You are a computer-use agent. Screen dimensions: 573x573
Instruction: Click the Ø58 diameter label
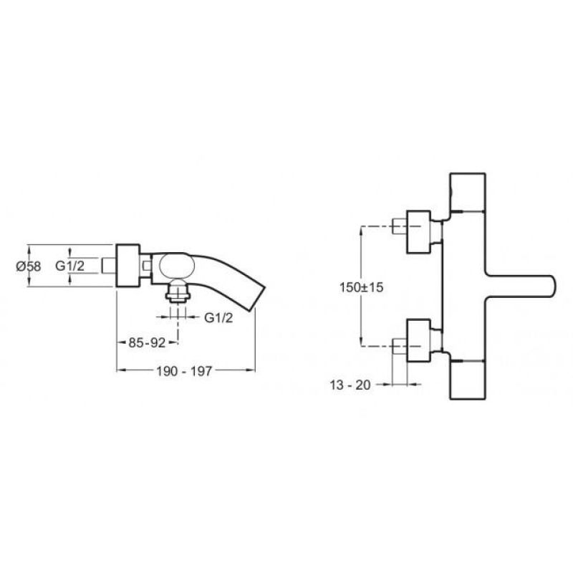[29, 266]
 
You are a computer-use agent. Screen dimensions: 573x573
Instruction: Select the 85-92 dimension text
[147, 343]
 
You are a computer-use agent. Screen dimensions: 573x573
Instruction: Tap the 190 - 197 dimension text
[184, 371]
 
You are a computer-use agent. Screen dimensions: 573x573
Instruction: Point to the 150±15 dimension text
[362, 287]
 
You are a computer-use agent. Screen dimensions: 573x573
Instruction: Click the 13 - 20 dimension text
[350, 385]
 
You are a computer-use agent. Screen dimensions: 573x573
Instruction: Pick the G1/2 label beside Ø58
[69, 266]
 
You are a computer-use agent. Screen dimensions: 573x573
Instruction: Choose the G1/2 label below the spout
[218, 318]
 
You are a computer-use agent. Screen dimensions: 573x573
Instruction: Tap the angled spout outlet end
[258, 299]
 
